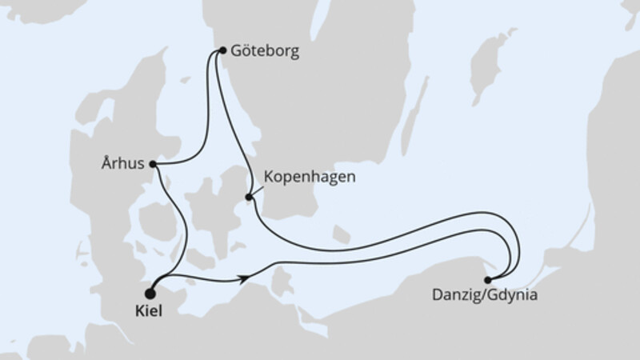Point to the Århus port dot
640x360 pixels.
coord(152,164)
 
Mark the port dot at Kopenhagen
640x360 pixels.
coord(249,197)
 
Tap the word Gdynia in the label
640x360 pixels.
coord(512,294)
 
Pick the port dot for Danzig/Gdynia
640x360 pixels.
coord(488,279)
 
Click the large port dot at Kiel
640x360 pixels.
coord(150,282)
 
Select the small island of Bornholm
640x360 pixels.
coord(341,234)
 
